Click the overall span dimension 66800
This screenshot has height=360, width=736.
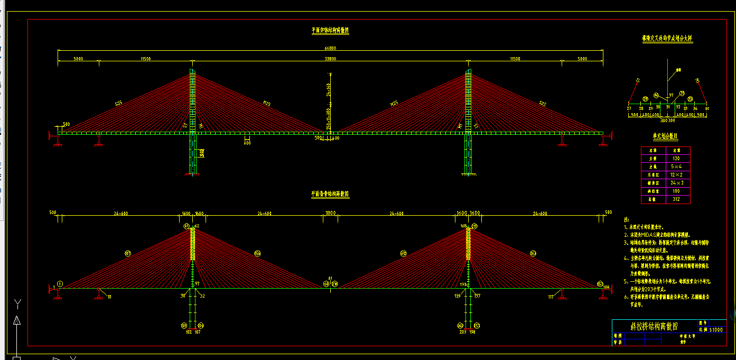pyautogui.click(x=330, y=48)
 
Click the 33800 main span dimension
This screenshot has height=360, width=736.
pyautogui.click(x=330, y=59)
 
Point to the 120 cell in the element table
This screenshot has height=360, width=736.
pyautogui.click(x=676, y=158)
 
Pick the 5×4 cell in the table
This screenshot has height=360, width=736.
pyautogui.click(x=676, y=167)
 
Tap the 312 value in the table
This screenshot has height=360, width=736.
pyautogui.click(x=676, y=199)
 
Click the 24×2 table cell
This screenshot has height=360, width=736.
pyautogui.click(x=676, y=183)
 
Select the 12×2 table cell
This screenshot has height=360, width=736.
pyautogui.click(x=676, y=174)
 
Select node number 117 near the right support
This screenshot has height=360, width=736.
pyautogui.click(x=551, y=297)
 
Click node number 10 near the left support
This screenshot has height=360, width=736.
pyautogui.click(x=109, y=297)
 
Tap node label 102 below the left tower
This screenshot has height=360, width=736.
pyautogui.click(x=189, y=333)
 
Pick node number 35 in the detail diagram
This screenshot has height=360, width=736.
pyautogui.click(x=707, y=108)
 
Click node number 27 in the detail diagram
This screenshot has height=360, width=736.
pyautogui.click(x=629, y=108)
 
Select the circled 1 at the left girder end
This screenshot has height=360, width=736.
pyautogui.click(x=60, y=284)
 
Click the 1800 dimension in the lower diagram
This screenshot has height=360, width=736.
pyautogui.click(x=330, y=213)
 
